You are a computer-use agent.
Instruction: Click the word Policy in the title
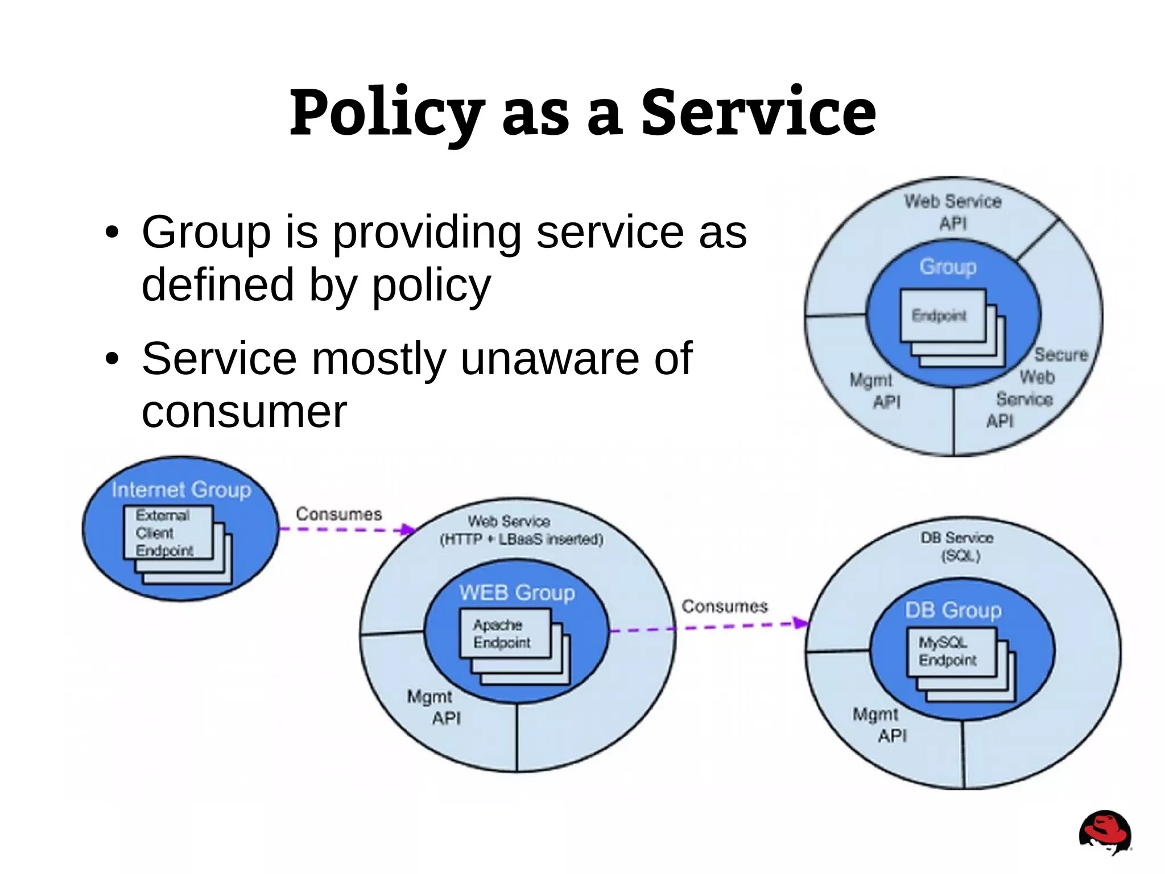pos(387,114)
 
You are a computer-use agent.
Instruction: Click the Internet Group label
pos(181,490)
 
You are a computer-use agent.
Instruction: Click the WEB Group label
pos(517,593)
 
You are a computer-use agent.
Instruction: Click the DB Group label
pos(953,610)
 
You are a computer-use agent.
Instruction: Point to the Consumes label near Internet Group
pos(338,514)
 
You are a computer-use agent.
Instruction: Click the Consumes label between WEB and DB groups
pos(724,606)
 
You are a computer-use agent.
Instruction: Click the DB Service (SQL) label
pos(957,546)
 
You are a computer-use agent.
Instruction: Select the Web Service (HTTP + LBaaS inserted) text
pos(520,530)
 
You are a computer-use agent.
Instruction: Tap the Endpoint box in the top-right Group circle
pos(942,316)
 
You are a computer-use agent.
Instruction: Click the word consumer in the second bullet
pos(244,411)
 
